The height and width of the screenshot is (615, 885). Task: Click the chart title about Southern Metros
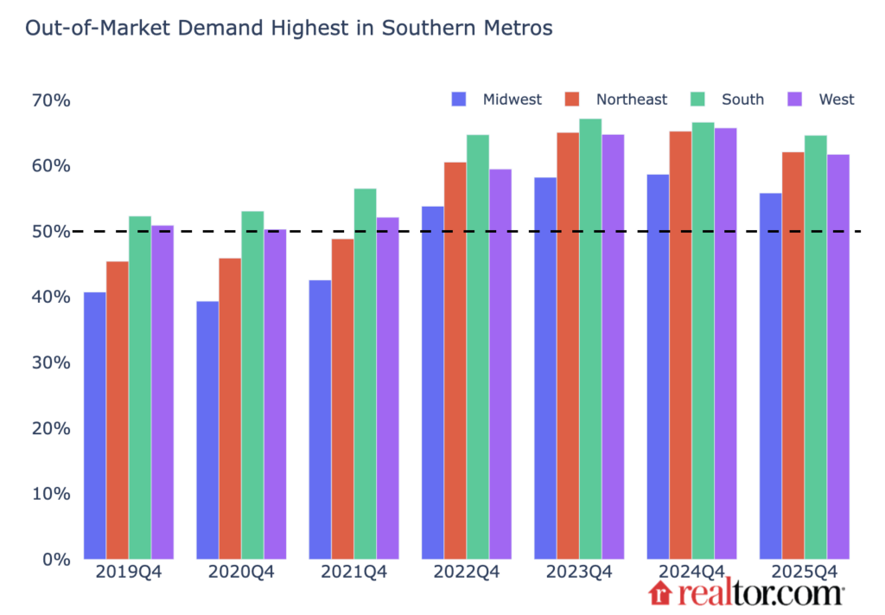click(289, 29)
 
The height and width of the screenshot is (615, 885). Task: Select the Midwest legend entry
click(497, 99)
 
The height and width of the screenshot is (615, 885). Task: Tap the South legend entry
click(728, 99)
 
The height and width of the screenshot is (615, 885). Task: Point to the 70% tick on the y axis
click(51, 100)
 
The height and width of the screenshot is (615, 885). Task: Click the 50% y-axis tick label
click(51, 232)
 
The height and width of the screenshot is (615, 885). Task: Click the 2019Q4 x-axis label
click(129, 573)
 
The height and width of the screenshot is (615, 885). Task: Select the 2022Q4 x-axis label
click(467, 573)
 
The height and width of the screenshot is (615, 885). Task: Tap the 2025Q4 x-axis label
click(805, 573)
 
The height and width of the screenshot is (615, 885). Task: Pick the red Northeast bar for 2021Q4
click(342, 399)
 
